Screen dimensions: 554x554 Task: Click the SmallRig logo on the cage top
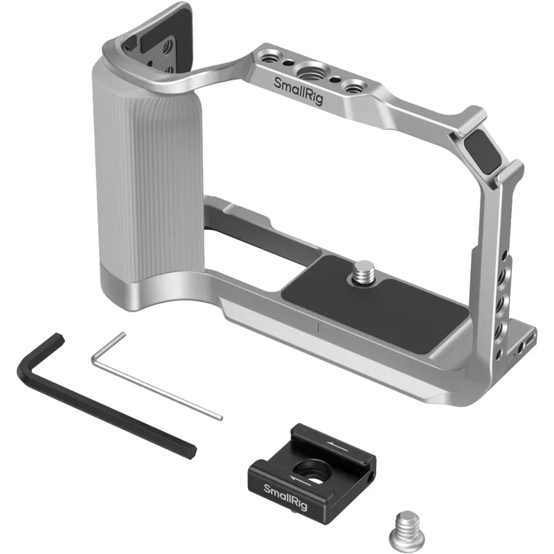point(298,91)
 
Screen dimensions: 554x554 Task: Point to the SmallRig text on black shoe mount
point(285,497)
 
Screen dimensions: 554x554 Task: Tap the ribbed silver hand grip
point(148,170)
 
